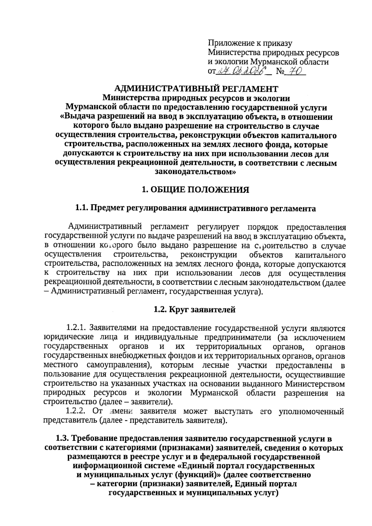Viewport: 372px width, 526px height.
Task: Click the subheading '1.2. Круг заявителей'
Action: pyautogui.click(x=194, y=309)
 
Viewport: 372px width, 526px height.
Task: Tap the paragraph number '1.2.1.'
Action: pyautogui.click(x=76, y=328)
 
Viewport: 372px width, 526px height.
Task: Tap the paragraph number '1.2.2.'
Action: pyautogui.click(x=76, y=412)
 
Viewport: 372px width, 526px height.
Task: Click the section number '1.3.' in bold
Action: pyautogui.click(x=63, y=439)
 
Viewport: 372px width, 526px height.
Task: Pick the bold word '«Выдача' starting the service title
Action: pyautogui.click(x=77, y=117)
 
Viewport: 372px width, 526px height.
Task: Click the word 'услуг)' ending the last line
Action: pyautogui.click(x=266, y=493)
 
